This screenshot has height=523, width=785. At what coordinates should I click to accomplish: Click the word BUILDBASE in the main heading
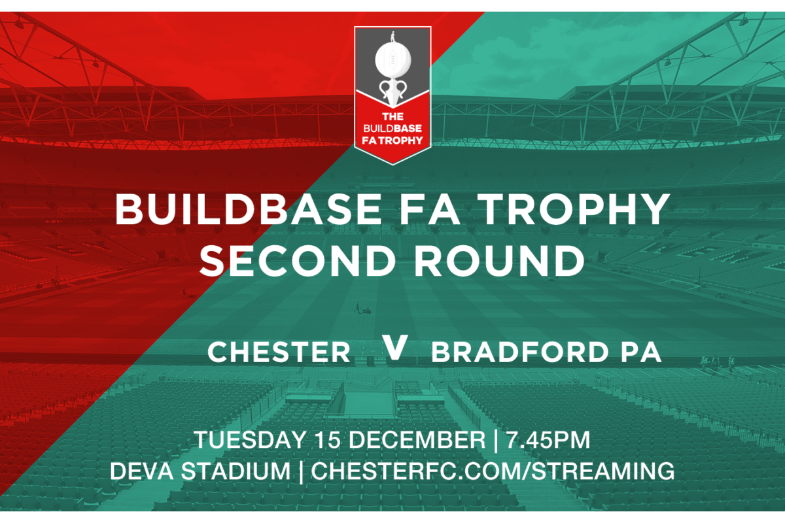point(248,209)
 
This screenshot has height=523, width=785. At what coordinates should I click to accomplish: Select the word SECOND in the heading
point(298,261)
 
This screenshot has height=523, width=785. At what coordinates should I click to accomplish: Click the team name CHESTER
point(279,352)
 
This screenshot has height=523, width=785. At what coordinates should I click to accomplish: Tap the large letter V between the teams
point(394,346)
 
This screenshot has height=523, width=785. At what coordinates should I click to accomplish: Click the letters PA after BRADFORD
point(641,352)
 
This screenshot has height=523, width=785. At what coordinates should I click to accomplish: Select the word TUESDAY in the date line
point(250,439)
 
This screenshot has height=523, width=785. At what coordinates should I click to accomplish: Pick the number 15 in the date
point(328,439)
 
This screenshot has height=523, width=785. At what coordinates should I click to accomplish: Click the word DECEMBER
point(417,439)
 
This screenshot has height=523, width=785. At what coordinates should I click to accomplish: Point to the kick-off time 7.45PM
point(548,439)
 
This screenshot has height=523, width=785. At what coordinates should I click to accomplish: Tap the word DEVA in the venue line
point(141,471)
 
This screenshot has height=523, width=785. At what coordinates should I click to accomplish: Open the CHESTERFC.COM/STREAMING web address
point(493,471)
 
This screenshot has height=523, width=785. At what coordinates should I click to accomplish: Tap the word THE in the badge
point(393,116)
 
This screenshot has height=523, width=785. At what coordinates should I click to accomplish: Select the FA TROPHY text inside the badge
point(392,141)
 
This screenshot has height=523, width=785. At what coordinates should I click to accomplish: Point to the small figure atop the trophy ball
point(393,37)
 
